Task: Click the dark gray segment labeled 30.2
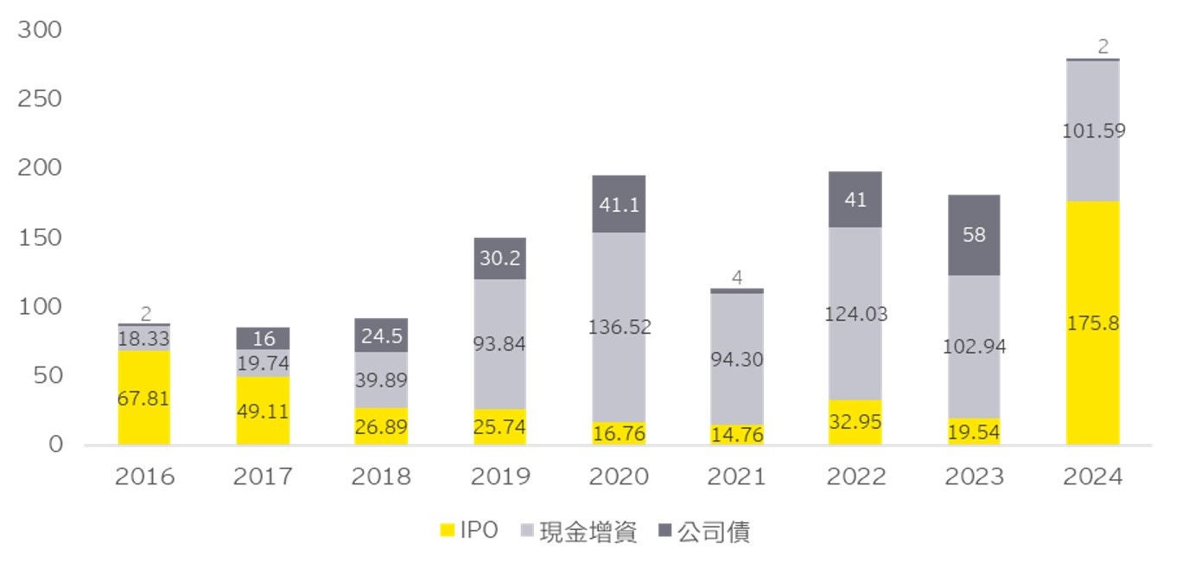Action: [x=499, y=258]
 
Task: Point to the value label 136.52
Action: [x=619, y=327]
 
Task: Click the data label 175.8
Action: [x=1092, y=324]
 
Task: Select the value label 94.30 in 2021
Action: [x=737, y=359]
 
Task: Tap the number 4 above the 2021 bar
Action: [x=737, y=278]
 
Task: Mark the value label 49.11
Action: [x=262, y=412]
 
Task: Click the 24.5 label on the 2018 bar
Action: [x=381, y=337]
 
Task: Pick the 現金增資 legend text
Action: [x=588, y=532]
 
